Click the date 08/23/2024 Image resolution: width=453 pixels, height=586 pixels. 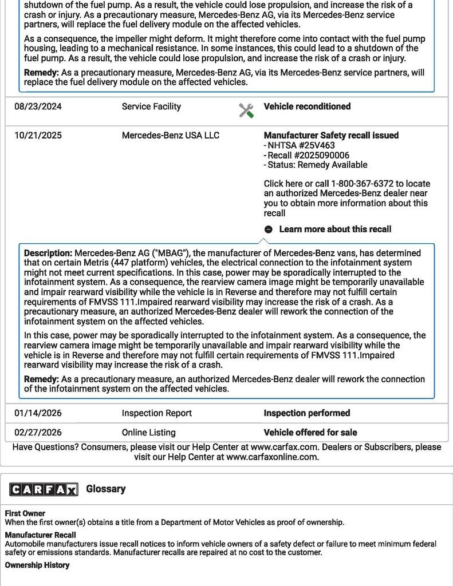[38, 106]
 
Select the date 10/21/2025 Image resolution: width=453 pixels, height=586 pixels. [38, 136]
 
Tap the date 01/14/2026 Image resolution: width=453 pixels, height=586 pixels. [38, 413]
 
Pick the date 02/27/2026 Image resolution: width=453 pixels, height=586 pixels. [38, 433]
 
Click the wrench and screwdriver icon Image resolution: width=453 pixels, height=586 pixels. [246, 110]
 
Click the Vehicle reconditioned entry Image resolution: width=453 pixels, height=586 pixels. [307, 106]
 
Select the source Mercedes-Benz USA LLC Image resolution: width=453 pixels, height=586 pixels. [171, 136]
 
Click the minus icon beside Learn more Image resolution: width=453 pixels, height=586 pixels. [269, 229]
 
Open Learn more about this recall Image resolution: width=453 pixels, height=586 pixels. [335, 229]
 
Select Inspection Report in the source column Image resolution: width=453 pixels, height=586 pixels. [157, 413]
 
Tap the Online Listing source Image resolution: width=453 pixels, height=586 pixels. [149, 433]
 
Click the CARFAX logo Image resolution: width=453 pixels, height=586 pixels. [44, 489]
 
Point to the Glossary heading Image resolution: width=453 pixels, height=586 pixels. [106, 489]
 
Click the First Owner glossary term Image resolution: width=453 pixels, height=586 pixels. [25, 513]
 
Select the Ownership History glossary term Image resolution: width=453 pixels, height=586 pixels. [37, 565]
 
